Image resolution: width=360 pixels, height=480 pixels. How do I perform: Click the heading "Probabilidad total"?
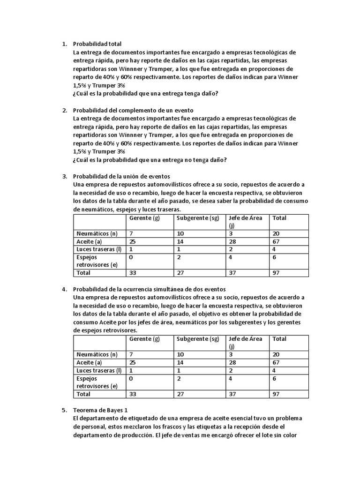(x=97, y=44)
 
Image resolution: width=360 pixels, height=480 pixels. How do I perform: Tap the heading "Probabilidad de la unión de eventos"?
(x=121, y=176)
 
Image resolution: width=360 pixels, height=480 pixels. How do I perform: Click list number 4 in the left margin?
(x=64, y=289)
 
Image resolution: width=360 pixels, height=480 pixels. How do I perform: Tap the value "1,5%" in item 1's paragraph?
(x=80, y=85)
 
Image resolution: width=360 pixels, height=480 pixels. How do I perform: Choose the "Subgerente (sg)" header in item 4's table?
(x=198, y=339)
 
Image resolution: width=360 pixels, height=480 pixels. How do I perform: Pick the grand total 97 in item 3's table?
(x=276, y=273)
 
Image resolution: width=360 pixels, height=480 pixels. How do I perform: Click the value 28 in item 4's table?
(x=232, y=362)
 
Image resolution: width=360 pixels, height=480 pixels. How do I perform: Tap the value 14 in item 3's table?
(x=180, y=241)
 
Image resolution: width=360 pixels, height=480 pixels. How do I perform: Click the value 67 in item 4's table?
(x=276, y=362)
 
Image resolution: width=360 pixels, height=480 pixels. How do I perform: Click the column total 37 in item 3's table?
(x=232, y=273)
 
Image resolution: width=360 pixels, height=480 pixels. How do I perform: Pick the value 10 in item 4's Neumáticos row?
(x=180, y=354)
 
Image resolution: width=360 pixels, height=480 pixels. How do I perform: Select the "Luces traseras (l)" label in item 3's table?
(x=98, y=249)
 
